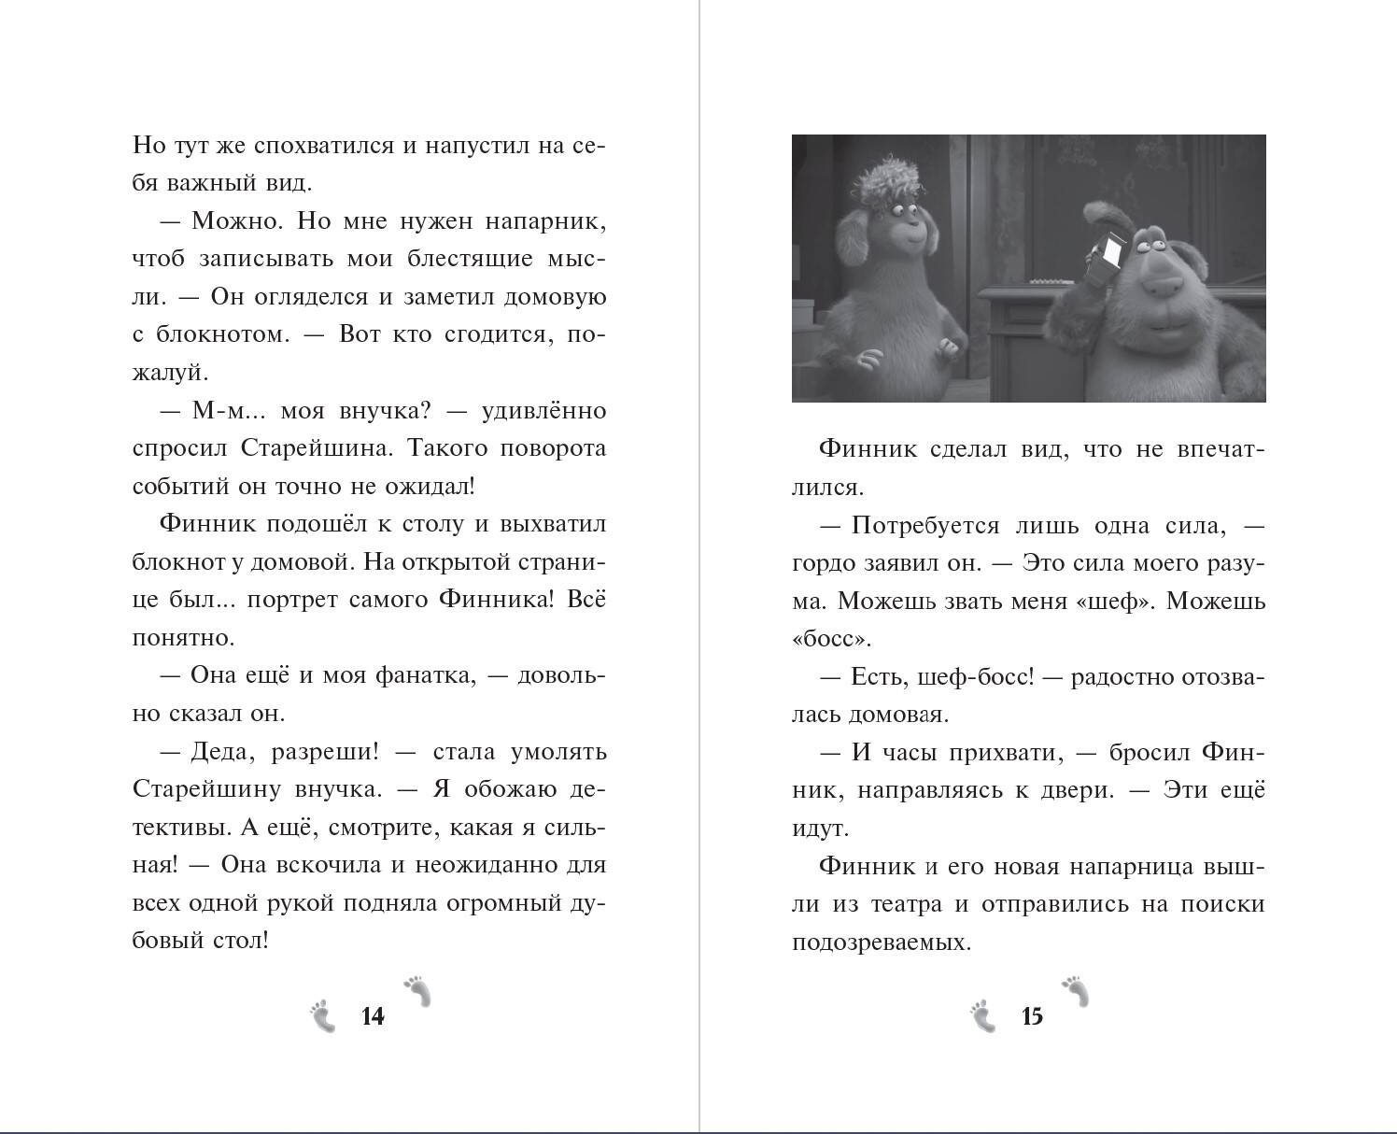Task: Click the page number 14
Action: [373, 1016]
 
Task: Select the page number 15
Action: [1032, 1016]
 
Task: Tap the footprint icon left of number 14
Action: [323, 1016]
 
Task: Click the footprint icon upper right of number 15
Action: [1076, 991]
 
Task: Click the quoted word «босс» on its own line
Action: [830, 639]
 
